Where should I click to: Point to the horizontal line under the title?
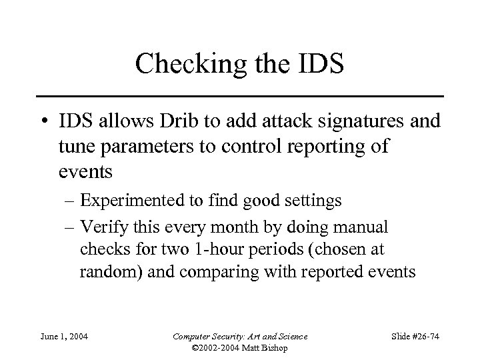click(x=239, y=95)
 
